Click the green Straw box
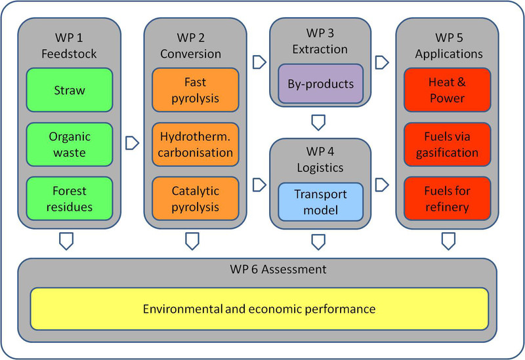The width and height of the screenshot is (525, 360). [x=70, y=90]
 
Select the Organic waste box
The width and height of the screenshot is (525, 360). [x=70, y=144]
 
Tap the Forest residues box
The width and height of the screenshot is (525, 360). [x=70, y=199]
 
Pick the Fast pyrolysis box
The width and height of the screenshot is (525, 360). [x=196, y=90]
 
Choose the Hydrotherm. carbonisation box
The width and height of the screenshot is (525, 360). [x=196, y=144]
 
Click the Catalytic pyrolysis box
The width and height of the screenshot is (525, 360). [x=196, y=199]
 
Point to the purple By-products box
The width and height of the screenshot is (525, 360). [x=321, y=84]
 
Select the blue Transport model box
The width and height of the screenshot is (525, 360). [x=321, y=202]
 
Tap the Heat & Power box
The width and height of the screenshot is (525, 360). [x=448, y=90]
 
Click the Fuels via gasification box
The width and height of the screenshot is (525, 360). [x=448, y=144]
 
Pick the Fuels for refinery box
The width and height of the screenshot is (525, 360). [x=448, y=199]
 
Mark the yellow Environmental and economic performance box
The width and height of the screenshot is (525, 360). [x=259, y=309]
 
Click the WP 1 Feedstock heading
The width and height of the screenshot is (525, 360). [x=69, y=45]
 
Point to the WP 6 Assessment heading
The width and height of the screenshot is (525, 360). [x=278, y=270]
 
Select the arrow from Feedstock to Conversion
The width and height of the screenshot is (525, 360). [x=133, y=143]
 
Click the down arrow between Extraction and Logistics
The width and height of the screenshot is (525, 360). [x=318, y=123]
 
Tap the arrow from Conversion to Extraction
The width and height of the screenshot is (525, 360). [x=259, y=62]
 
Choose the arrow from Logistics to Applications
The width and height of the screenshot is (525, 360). [x=382, y=185]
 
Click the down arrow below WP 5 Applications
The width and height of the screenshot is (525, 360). [x=448, y=241]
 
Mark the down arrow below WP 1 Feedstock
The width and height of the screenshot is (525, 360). [x=66, y=241]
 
